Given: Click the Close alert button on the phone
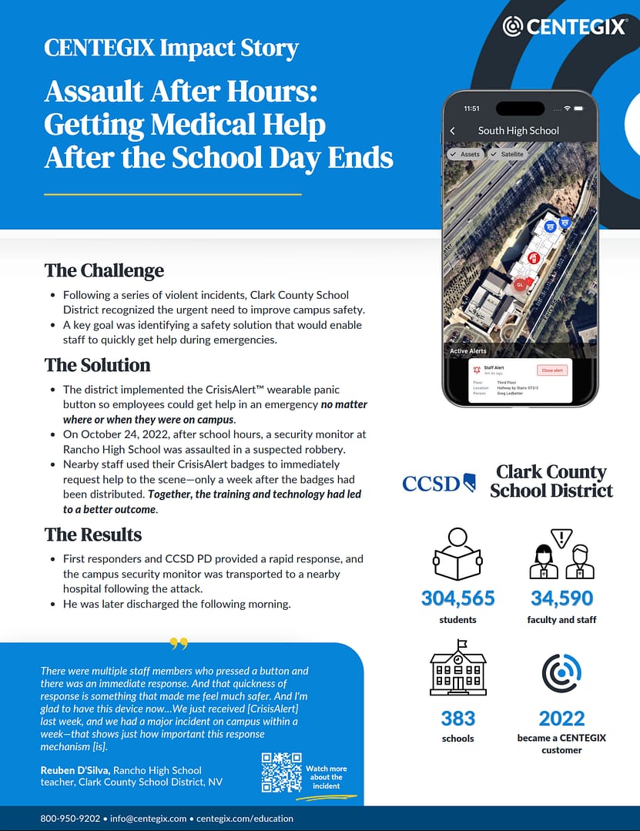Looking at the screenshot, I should pyautogui.click(x=552, y=370).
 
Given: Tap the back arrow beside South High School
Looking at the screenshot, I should pyautogui.click(x=453, y=131).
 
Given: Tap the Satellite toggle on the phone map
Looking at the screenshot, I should pyautogui.click(x=508, y=154).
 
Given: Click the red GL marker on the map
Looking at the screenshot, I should pyautogui.click(x=521, y=284).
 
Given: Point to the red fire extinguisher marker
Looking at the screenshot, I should pyautogui.click(x=533, y=258).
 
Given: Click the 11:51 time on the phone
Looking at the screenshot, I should pyautogui.click(x=471, y=109).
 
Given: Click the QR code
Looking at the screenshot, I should pyautogui.click(x=281, y=772).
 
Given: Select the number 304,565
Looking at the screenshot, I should pyautogui.click(x=457, y=598).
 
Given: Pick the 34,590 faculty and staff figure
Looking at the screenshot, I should pyautogui.click(x=561, y=598).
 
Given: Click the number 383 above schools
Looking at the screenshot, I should pyautogui.click(x=457, y=719).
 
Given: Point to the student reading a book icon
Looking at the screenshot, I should pyautogui.click(x=457, y=555).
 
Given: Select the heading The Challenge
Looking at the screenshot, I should pyautogui.click(x=104, y=270).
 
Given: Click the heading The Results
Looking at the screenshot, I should pyautogui.click(x=93, y=534).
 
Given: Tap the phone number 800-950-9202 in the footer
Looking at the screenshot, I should pyautogui.click(x=70, y=819).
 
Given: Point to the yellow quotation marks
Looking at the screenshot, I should pyautogui.click(x=179, y=643).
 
